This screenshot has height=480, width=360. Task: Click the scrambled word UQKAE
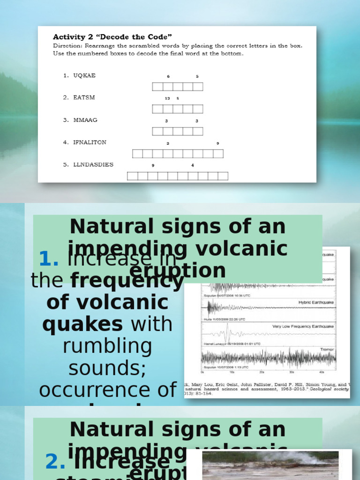84,75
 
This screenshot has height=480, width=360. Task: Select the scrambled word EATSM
84,97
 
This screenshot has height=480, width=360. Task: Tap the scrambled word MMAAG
85,120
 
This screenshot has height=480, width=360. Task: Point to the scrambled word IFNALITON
90,142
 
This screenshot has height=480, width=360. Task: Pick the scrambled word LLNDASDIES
93,165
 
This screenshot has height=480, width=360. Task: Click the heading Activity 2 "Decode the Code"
112,37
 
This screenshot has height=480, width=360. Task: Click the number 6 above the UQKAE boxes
168,76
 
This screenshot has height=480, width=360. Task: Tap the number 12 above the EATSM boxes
167,98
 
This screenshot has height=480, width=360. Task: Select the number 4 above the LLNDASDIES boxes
193,165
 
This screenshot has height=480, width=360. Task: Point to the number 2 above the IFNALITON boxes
168,143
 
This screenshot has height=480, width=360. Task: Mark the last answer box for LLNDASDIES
223,176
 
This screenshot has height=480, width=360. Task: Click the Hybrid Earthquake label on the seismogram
316,303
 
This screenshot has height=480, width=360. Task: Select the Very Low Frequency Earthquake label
303,326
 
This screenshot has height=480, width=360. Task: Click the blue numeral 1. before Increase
48,259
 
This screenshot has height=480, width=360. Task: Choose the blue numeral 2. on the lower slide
55,462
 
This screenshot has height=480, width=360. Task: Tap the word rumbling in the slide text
107,346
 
